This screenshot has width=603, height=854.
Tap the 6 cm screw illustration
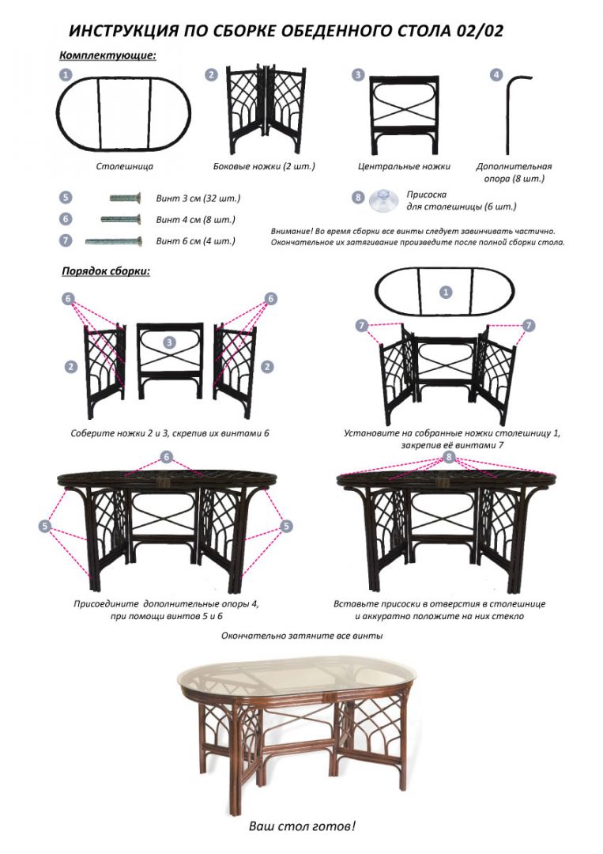coord(114,240)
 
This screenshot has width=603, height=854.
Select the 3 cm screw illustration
coord(126,198)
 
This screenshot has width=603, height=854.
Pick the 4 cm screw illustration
coord(121,219)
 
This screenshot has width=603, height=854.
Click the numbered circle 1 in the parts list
coord(66,74)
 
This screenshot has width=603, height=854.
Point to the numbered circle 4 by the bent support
coord(496,74)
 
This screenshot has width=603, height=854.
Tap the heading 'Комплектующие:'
coord(107,55)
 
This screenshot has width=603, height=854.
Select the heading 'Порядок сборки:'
coord(106,270)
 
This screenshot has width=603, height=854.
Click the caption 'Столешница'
coord(125,166)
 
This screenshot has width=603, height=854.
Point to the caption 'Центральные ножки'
coord(404,166)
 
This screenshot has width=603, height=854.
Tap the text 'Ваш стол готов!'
coord(302,826)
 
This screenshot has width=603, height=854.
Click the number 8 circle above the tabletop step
coord(449,456)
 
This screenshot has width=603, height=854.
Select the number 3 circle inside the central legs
coord(170,342)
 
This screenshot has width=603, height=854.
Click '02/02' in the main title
coord(481,31)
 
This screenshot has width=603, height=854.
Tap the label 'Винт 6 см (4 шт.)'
coord(196,240)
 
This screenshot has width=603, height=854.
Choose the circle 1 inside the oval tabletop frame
coord(446,293)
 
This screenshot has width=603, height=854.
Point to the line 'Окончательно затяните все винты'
coord(302,636)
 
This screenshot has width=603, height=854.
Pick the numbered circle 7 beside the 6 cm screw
coord(66,240)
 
